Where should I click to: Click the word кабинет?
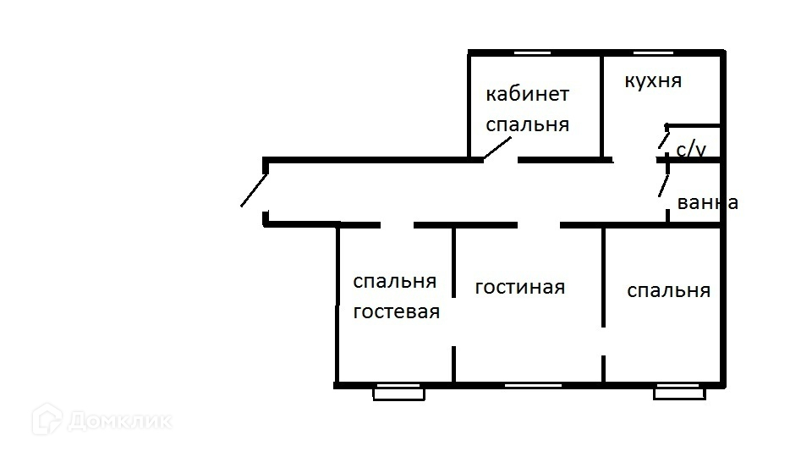(x=527, y=94)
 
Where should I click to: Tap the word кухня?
(x=653, y=81)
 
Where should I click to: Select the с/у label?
(x=691, y=149)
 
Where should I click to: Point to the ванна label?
(x=707, y=202)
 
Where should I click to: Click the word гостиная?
(x=520, y=287)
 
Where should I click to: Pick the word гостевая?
(x=397, y=311)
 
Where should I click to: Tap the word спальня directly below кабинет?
(x=527, y=124)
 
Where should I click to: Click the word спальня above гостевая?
(x=395, y=281)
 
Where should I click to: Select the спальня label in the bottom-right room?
(x=668, y=290)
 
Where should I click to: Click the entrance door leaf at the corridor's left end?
(x=255, y=190)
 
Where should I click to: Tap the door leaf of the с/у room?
(x=663, y=140)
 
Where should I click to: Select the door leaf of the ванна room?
(x=663, y=185)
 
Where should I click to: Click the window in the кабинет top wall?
(x=532, y=52)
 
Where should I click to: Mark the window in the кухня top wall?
(x=654, y=52)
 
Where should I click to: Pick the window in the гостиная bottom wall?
(x=534, y=386)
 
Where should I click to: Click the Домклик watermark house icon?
(x=47, y=419)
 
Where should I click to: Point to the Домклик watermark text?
(x=119, y=421)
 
